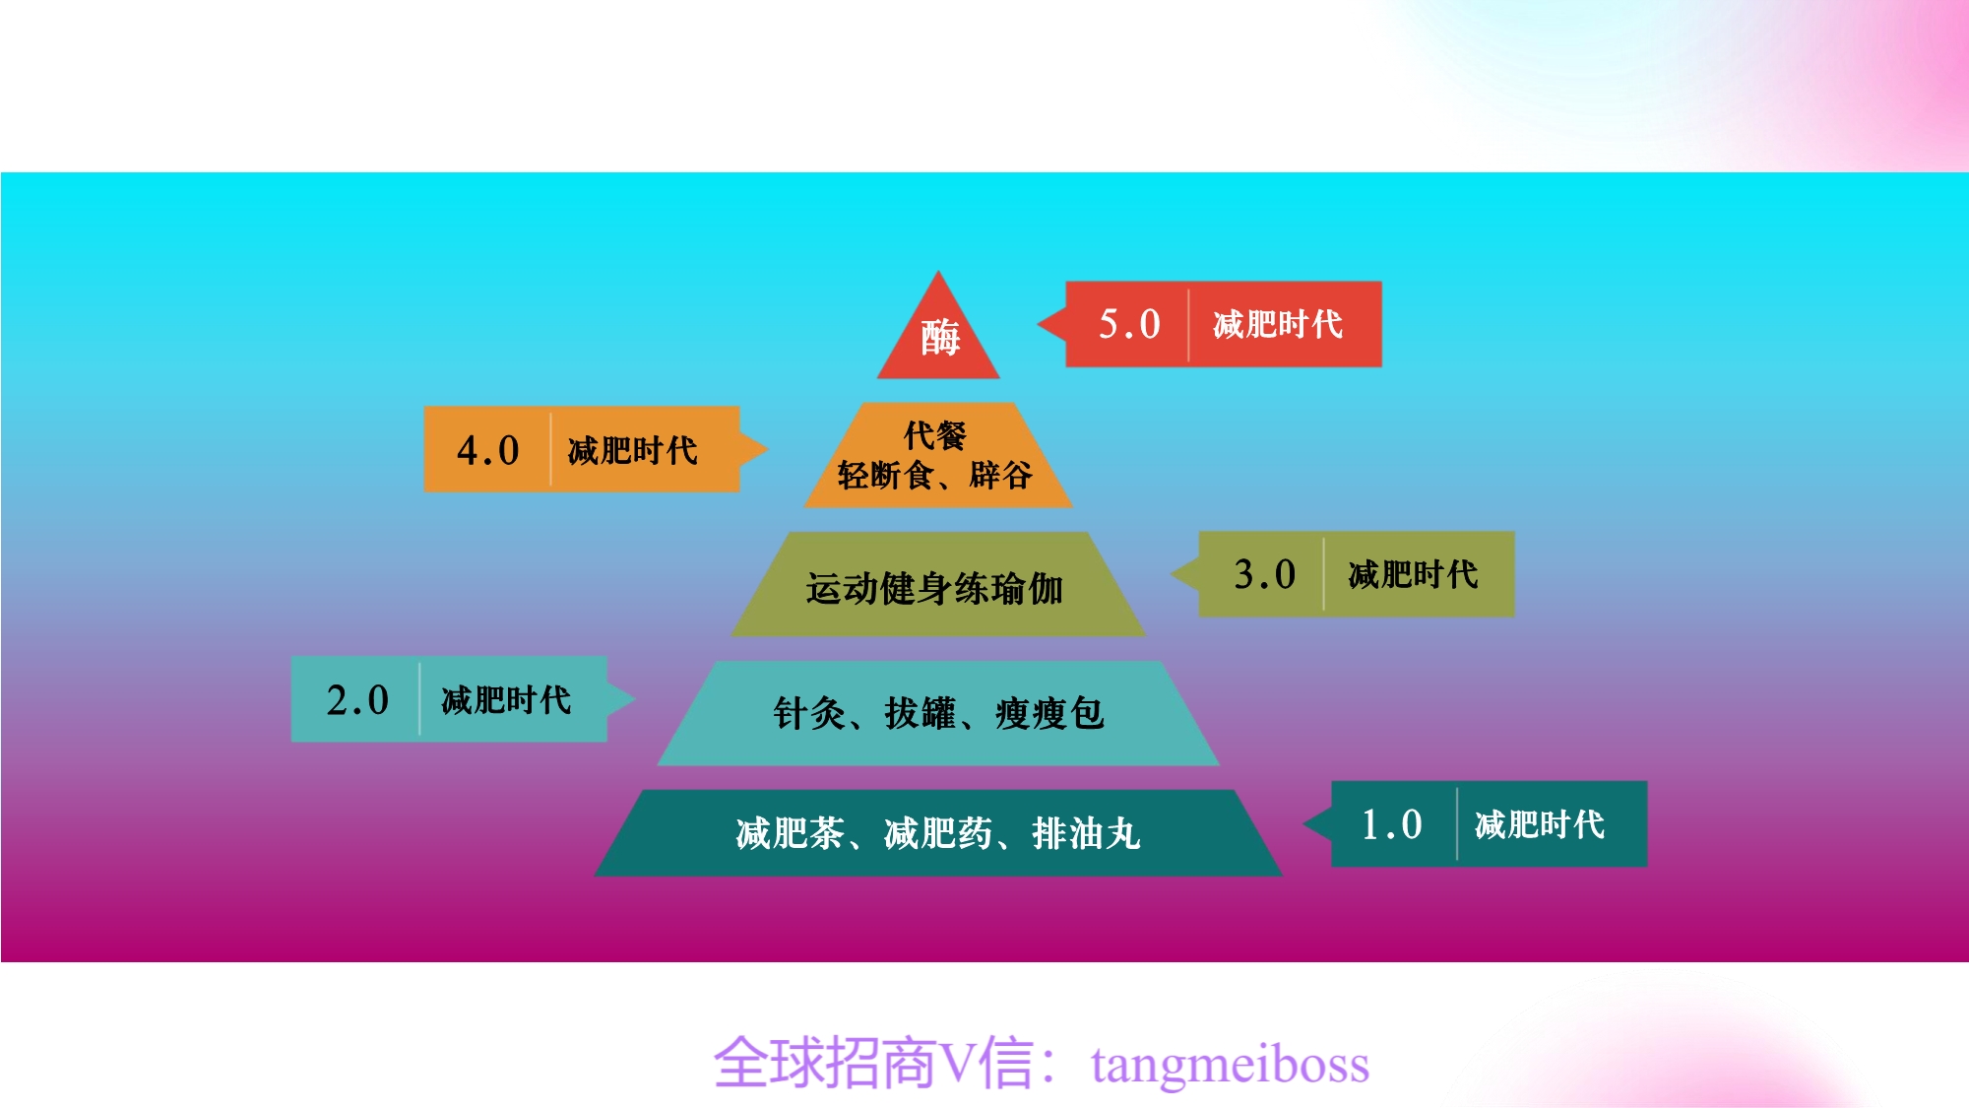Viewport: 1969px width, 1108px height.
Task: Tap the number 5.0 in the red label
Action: click(x=1129, y=324)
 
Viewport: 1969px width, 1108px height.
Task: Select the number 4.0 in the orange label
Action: click(x=487, y=450)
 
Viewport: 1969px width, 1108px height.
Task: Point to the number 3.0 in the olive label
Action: click(x=1264, y=574)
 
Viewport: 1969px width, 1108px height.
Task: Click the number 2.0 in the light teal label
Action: click(x=357, y=700)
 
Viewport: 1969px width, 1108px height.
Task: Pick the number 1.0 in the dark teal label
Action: click(x=1391, y=824)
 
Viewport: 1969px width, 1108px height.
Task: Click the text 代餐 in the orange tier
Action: click(x=935, y=434)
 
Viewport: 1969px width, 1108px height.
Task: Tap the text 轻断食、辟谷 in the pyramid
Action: click(x=934, y=475)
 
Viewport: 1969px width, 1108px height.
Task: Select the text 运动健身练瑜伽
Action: click(x=934, y=588)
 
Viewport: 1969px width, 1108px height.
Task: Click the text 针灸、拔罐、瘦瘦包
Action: click(x=938, y=712)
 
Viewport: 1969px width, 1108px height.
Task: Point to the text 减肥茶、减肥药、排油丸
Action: click(x=938, y=833)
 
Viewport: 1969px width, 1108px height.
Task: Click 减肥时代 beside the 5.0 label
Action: click(x=1278, y=324)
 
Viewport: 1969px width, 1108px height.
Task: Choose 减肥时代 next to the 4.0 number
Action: click(x=632, y=450)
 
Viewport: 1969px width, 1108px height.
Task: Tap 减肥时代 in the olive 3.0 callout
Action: click(x=1413, y=574)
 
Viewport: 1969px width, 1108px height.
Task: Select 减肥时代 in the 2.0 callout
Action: click(x=506, y=700)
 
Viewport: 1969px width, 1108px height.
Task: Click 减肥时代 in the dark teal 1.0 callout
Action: click(x=1540, y=824)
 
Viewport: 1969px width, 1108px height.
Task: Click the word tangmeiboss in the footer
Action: click(x=1230, y=1065)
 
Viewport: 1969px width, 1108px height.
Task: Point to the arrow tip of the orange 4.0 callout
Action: click(x=768, y=449)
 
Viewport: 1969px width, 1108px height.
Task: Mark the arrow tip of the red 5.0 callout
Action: click(x=1038, y=324)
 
